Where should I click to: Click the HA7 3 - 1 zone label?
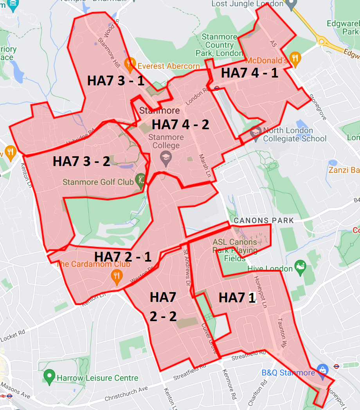[x=115, y=81]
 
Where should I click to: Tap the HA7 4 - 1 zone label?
[x=249, y=73]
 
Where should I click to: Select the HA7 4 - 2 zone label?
[x=180, y=125]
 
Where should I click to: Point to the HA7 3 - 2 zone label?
[x=81, y=161]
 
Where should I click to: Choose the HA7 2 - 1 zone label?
[x=123, y=256]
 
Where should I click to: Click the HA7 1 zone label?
[x=237, y=298]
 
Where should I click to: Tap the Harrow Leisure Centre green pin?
[x=49, y=376]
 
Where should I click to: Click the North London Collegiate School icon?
[x=256, y=132]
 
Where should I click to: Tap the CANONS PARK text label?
[x=264, y=220]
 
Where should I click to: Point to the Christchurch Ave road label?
[x=126, y=393]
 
